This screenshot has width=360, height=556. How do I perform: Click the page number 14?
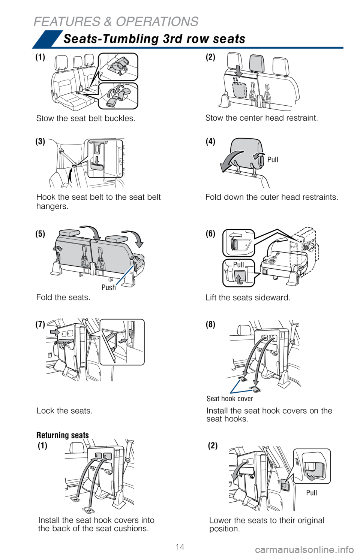pyautogui.click(x=180, y=546)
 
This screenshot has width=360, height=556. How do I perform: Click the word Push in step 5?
pyautogui.click(x=109, y=287)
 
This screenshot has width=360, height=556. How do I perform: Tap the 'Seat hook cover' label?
pyautogui.click(x=230, y=398)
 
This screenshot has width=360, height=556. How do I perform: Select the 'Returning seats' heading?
pyautogui.click(x=62, y=435)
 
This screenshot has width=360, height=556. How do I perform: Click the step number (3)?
pyautogui.click(x=40, y=142)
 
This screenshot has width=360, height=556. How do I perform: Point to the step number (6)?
pyautogui.click(x=210, y=233)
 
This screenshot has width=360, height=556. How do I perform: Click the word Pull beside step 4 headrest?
pyautogui.click(x=273, y=159)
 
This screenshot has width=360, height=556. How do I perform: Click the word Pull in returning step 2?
pyautogui.click(x=311, y=492)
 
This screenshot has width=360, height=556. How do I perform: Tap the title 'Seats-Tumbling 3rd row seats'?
pyautogui.click(x=154, y=39)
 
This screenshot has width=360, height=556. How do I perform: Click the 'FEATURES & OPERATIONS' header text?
pyautogui.click(x=116, y=21)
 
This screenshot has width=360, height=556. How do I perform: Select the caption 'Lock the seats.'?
pyautogui.click(x=64, y=411)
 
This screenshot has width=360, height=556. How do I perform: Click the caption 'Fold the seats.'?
pyautogui.click(x=63, y=297)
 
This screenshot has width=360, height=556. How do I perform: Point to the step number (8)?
pyautogui.click(x=210, y=324)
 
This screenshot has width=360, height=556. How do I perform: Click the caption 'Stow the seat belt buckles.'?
pyautogui.click(x=86, y=118)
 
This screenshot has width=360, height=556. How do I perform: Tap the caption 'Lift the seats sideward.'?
pyautogui.click(x=248, y=297)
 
